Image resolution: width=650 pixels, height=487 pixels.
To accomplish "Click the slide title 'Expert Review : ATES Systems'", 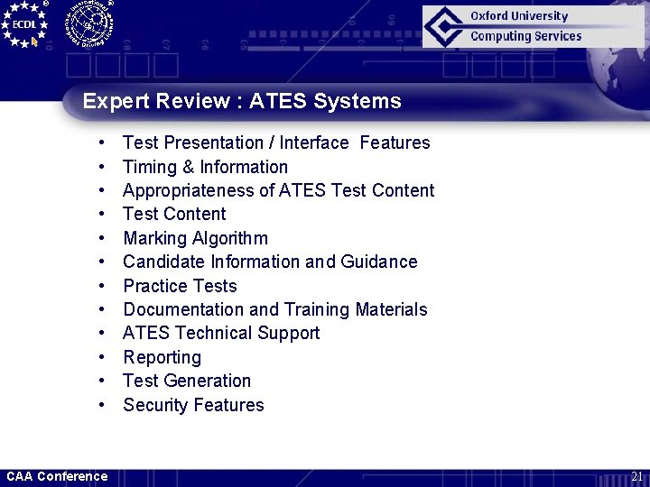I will point(242,101).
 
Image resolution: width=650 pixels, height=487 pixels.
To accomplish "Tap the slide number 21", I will point(636,476).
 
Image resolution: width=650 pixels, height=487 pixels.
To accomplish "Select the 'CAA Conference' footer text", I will point(57,476).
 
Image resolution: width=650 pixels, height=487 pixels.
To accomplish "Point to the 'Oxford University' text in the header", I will point(519,15).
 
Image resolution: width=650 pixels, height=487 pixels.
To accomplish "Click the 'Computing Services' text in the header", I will point(525,36).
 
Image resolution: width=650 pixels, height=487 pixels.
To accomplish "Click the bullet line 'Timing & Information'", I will point(205,167).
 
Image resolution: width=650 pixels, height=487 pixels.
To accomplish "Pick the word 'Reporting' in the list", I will point(162,357).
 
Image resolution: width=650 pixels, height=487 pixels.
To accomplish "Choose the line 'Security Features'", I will point(193,405).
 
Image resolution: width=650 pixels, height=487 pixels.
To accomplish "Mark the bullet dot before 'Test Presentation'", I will point(105,142).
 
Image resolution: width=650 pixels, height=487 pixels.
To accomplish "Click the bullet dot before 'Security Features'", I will point(105,405).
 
